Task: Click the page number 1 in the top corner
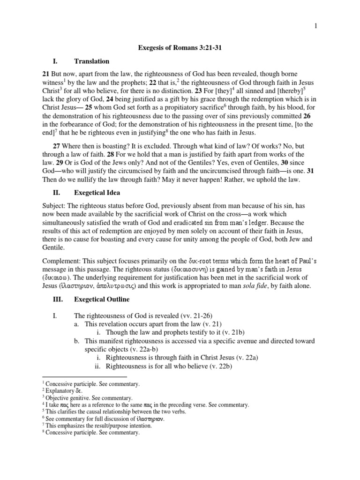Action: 316,26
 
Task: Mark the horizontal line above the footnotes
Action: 85,376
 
